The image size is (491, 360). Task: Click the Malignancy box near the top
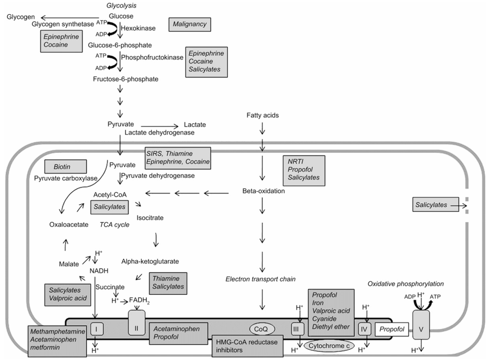(190, 24)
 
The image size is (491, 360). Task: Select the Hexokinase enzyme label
(138, 29)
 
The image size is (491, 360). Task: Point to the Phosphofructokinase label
(152, 57)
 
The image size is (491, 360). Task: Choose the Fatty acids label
(262, 116)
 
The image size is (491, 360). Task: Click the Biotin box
(65, 167)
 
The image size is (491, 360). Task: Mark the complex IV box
(363, 329)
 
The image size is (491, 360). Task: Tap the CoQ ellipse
(262, 328)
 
